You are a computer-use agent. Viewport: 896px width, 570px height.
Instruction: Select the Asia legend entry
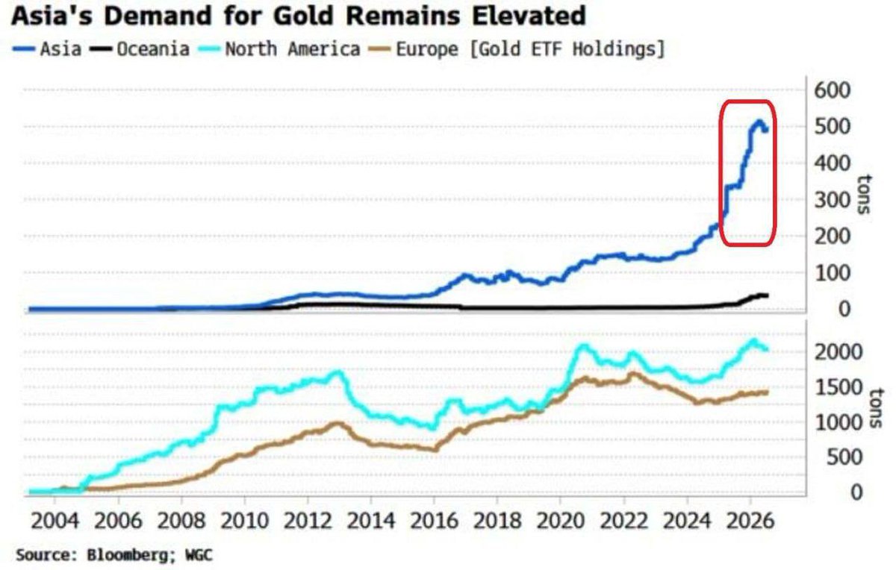pos(48,49)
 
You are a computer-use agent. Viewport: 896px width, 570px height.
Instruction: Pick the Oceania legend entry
pos(140,49)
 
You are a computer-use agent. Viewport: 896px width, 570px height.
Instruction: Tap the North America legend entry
pos(279,49)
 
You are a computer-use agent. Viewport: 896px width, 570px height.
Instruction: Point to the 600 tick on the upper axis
pos(832,90)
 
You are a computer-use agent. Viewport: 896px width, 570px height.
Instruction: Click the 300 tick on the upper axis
pos(832,200)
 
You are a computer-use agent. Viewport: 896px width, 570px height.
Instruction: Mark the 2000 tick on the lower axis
pos(838,352)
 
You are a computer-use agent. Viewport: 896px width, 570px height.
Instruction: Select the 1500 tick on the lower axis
pos(838,387)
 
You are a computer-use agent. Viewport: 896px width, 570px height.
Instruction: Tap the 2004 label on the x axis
pos(55,522)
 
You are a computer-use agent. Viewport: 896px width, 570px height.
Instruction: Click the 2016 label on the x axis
pos(434,522)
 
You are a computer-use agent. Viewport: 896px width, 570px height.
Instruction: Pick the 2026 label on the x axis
pos(750,522)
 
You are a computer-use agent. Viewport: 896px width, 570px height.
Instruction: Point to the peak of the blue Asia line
pos(759,122)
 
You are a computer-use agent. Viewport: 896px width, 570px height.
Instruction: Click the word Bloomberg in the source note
pos(131,555)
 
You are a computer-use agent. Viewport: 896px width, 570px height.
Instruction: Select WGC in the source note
pos(199,555)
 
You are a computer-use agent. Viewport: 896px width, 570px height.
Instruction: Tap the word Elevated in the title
pos(529,16)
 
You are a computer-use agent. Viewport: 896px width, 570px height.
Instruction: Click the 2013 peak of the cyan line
pos(338,372)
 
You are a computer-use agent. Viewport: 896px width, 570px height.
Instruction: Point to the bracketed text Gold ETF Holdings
pos(567,49)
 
